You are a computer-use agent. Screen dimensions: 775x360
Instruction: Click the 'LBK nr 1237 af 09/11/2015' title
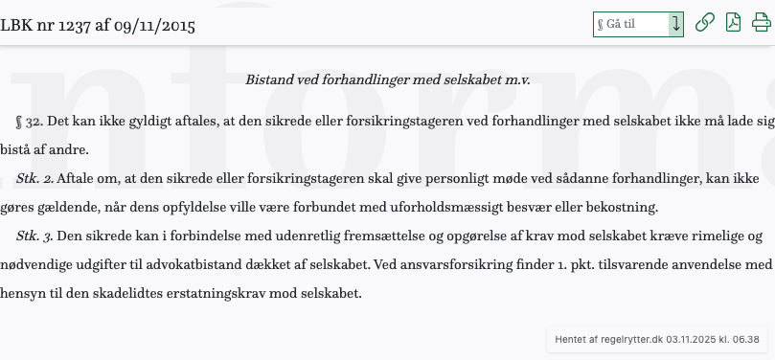pos(98,26)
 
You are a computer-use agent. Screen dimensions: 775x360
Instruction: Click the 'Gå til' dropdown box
pos(638,24)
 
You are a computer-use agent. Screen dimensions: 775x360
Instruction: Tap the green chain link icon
pos(704,23)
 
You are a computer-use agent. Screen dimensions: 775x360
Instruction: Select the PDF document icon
pos(733,23)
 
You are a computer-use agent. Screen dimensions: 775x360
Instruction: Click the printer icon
pos(761,23)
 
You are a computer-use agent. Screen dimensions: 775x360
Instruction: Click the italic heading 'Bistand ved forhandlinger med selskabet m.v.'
pos(387,79)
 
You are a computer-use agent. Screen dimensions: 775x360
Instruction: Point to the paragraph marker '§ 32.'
pos(30,123)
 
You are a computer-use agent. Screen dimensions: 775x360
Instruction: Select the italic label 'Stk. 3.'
pos(34,236)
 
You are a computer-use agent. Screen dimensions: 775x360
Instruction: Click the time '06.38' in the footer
pos(745,339)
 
